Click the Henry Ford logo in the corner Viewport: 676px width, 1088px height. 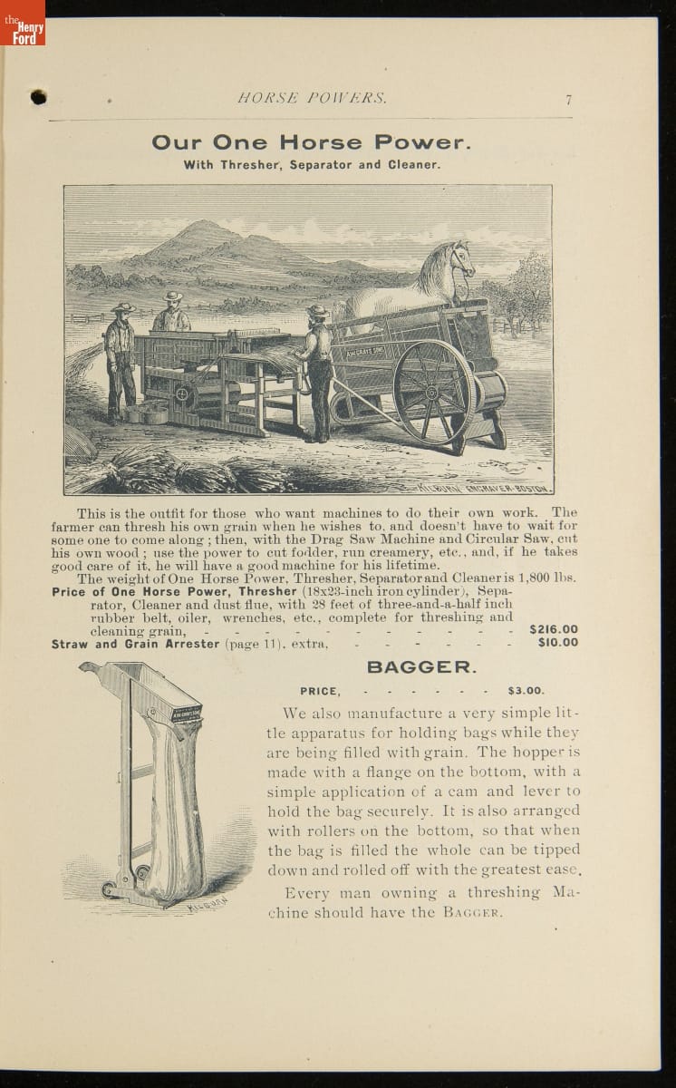[22, 24]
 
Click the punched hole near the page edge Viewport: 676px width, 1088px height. [38, 96]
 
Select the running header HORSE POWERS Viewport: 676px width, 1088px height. [312, 99]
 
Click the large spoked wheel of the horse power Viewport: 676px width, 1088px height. [433, 391]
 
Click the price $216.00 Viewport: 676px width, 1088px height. [553, 629]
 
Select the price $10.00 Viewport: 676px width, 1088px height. [557, 643]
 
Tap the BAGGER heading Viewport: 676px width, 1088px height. [420, 667]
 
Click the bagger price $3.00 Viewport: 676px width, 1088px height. [526, 690]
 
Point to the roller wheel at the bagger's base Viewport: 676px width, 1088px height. [111, 889]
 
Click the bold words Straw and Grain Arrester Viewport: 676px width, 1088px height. [135, 644]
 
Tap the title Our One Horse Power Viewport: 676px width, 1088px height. [311, 142]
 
